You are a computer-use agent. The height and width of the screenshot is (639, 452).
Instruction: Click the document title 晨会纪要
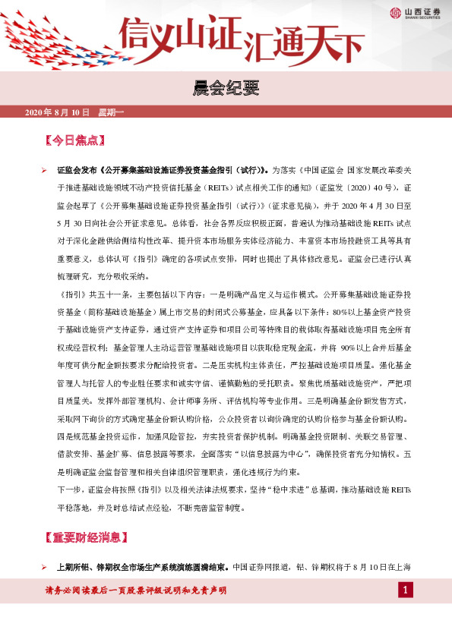[226, 90]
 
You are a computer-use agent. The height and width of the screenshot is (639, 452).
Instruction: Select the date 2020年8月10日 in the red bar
[57, 113]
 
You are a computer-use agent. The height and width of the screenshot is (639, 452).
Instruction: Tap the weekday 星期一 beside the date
[112, 113]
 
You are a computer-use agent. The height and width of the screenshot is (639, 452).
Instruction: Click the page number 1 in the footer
[406, 590]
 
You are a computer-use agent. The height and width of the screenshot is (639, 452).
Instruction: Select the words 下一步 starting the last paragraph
[69, 486]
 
